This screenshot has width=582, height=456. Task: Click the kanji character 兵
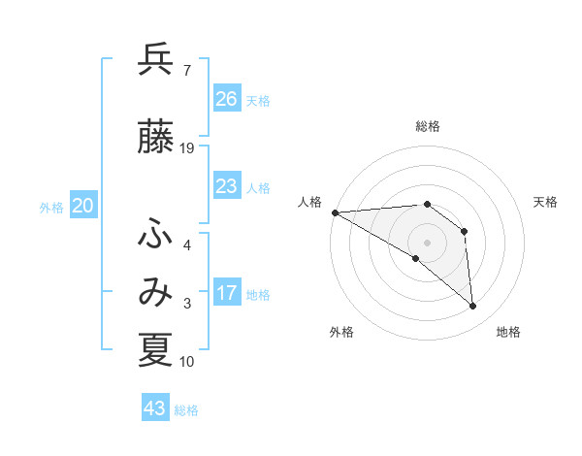[155, 60]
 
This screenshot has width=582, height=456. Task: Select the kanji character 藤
[155, 138]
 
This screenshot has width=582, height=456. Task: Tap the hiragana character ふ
[155, 234]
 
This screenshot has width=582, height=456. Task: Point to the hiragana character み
[155, 292]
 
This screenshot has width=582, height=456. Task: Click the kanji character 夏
[155, 350]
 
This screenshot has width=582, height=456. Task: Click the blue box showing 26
[227, 99]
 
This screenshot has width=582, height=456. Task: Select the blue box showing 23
[227, 186]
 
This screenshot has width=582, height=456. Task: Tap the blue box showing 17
[227, 293]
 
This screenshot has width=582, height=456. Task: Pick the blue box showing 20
[83, 206]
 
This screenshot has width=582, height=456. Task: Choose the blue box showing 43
[155, 408]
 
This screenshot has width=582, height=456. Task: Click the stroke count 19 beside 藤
[187, 147]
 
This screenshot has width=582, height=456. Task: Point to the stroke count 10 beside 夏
[187, 362]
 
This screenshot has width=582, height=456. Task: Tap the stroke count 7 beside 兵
[186, 70]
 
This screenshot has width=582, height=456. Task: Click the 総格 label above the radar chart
[427, 126]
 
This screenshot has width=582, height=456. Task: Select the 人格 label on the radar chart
[310, 202]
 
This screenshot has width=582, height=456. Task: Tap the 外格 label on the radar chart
[341, 332]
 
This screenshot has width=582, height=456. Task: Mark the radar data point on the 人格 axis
[335, 212]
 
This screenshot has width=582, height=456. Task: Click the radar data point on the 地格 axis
[473, 307]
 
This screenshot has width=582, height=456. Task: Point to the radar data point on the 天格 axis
[465, 231]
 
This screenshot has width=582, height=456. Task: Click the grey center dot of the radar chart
[427, 242]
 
